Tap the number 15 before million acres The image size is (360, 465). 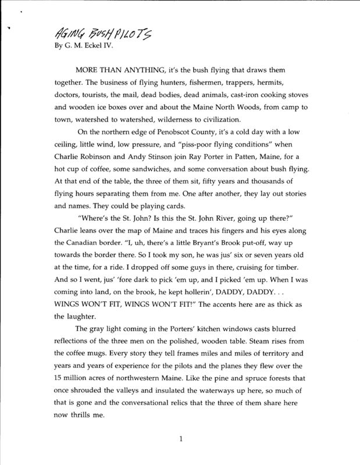pos(59,380)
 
